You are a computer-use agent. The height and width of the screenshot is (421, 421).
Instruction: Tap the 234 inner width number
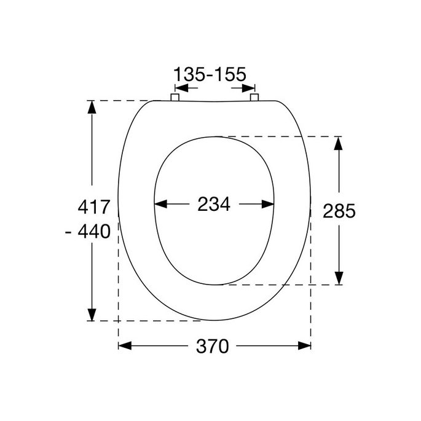(213, 205)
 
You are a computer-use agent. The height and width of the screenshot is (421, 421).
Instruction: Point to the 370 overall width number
(213, 346)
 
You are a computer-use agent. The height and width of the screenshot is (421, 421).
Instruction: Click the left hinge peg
(174, 97)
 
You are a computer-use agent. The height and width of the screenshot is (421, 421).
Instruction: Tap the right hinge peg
(254, 97)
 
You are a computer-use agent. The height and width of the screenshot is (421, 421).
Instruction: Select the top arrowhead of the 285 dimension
(338, 143)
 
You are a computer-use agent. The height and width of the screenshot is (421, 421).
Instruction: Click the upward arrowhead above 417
(92, 107)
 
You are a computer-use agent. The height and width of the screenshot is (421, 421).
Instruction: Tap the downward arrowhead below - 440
(92, 313)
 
